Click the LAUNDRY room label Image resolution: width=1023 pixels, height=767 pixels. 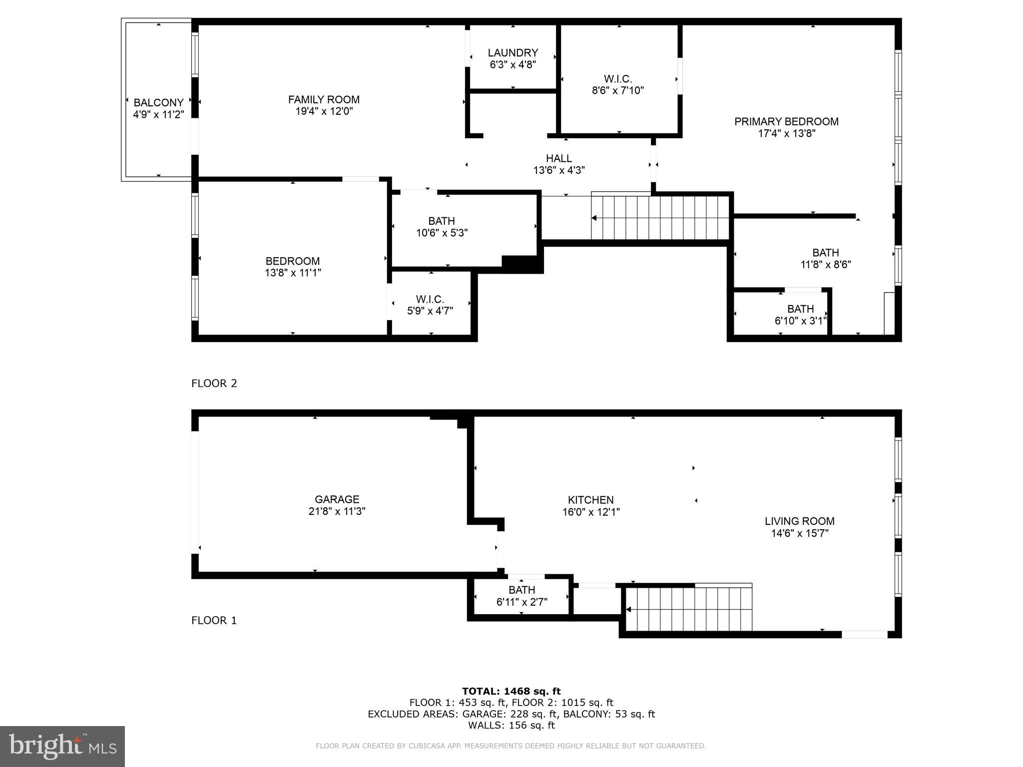pyautogui.click(x=513, y=53)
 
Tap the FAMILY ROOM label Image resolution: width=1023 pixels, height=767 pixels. pyautogui.click(x=324, y=99)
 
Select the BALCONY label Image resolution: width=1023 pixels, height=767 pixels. pyautogui.click(x=158, y=103)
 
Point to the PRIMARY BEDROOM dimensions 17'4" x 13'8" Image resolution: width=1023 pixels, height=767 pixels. pyautogui.click(x=786, y=133)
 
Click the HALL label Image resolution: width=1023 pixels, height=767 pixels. pyautogui.click(x=558, y=158)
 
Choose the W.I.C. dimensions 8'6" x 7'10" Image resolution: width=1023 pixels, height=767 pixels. pyautogui.click(x=618, y=91)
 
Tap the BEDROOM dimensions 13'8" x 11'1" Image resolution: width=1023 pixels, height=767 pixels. pyautogui.click(x=293, y=273)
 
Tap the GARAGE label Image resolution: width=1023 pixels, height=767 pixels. pyautogui.click(x=337, y=499)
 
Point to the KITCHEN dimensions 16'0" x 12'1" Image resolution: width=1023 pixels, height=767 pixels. pyautogui.click(x=590, y=512)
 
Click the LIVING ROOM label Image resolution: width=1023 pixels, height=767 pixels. pyautogui.click(x=799, y=521)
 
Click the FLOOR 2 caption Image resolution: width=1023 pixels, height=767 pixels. pyautogui.click(x=214, y=383)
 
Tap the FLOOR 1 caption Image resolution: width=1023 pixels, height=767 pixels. pyautogui.click(x=214, y=620)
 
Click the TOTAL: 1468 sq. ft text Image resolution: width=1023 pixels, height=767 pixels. pyautogui.click(x=511, y=692)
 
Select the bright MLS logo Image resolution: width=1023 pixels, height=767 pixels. pyautogui.click(x=62, y=746)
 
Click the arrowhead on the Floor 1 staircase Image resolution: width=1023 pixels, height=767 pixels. pyautogui.click(x=628, y=610)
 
